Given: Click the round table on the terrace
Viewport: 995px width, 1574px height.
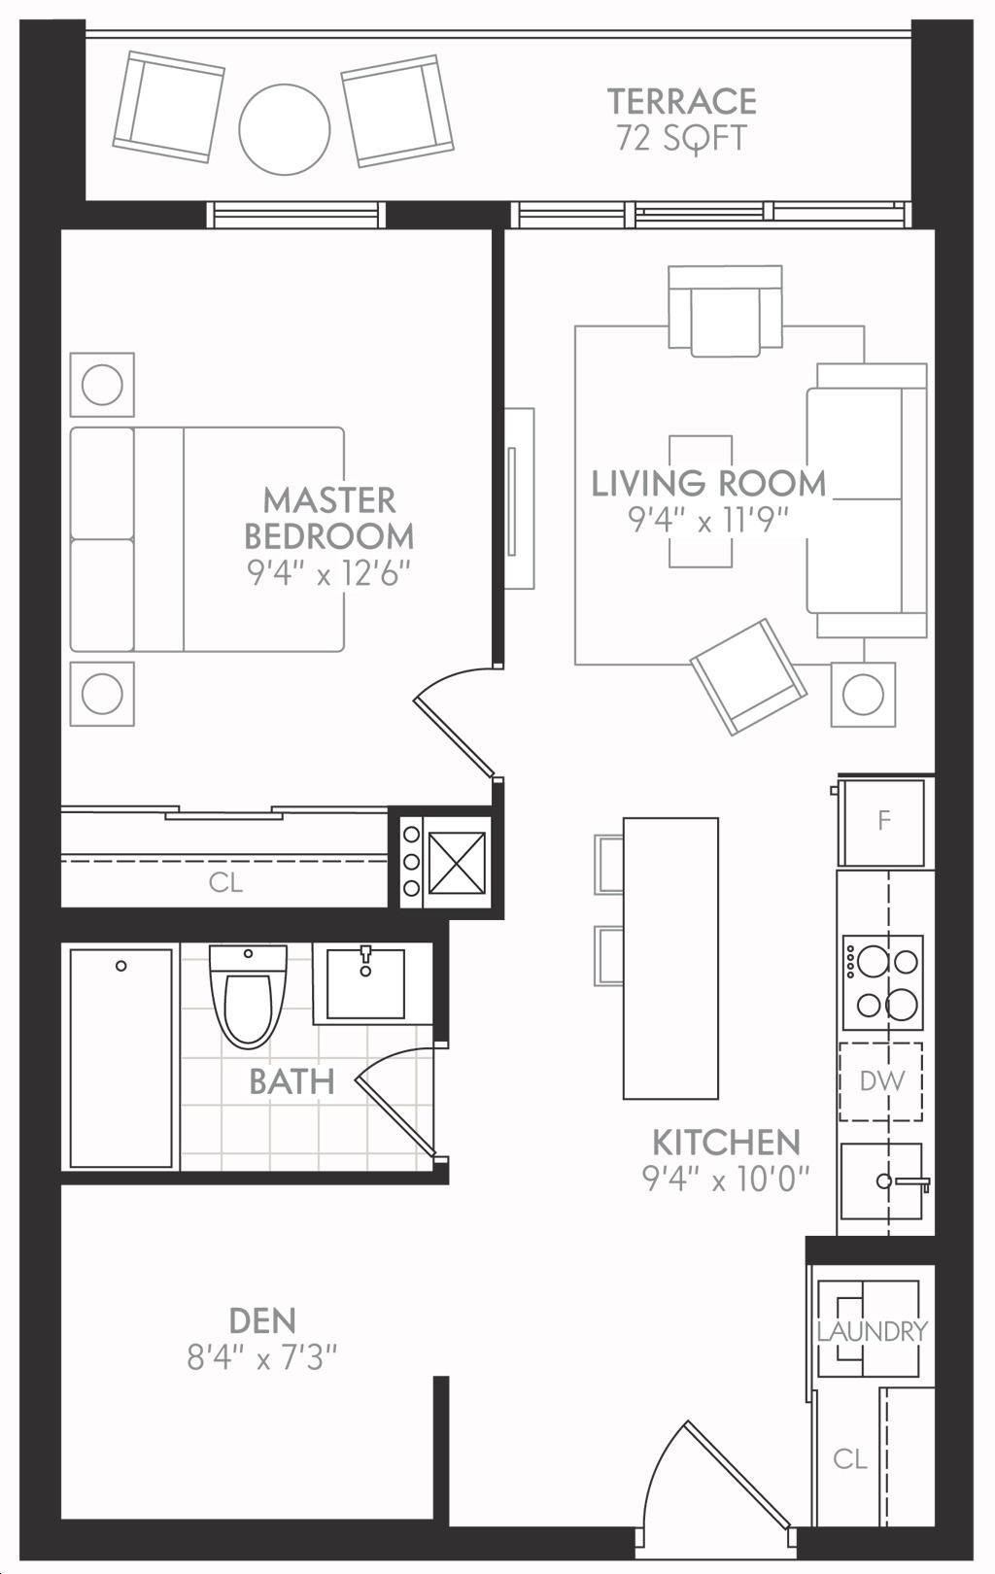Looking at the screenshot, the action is coord(284,129).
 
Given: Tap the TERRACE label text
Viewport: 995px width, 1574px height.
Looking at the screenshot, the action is coord(681,101).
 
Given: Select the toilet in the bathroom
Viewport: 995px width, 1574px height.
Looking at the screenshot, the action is coord(248,996).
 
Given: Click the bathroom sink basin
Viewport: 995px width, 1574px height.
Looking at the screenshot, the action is coord(365,983).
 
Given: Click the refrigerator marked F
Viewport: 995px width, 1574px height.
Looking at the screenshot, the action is coord(882,821).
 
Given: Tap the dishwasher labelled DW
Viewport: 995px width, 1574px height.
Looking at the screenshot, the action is coord(881,1081).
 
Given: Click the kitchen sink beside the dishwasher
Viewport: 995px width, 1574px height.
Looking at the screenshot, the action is coord(882,1181).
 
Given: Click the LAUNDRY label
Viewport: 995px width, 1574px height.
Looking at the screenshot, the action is coord(872,1331).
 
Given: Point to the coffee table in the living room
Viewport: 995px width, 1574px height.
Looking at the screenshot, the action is coord(701,501).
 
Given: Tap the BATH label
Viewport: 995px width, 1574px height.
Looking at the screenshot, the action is coord(292,1081).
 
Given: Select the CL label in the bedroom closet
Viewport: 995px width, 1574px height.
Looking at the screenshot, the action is coord(225,882).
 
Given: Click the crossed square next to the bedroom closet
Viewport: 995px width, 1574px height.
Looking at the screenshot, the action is coord(457,862).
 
